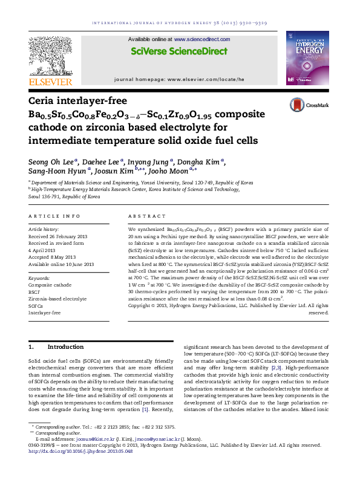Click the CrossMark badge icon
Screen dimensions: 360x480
pos(314,105)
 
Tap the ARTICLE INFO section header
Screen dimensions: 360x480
pos(54,216)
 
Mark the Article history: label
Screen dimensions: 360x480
pos(44,230)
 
